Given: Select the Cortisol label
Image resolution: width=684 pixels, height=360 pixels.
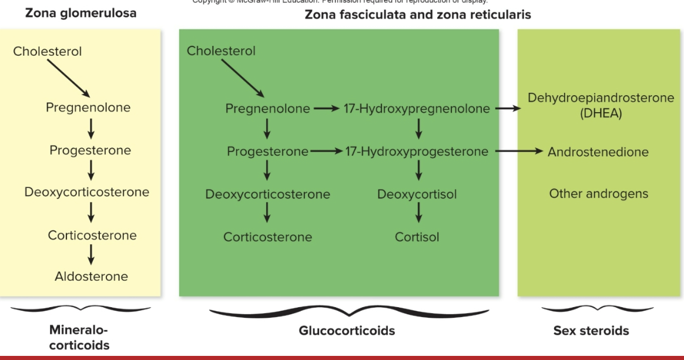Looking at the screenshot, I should pos(417,237).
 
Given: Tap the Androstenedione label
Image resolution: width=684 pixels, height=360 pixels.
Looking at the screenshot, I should pos(598,152).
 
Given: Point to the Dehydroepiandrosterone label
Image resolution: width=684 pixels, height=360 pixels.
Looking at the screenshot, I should pos(601,98).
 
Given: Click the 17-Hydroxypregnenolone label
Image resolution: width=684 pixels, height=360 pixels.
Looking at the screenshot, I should pos(417,109).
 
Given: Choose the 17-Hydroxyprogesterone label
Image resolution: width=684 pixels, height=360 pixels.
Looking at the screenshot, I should pos(417,152).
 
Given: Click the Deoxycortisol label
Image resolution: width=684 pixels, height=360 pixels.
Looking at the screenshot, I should pos(417,194).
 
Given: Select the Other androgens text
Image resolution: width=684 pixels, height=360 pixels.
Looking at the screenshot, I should pos(598,194).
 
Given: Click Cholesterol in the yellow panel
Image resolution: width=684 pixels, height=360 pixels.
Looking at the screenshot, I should pos(48,52).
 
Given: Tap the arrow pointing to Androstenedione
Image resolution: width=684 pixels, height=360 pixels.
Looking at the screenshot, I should pos(518,152).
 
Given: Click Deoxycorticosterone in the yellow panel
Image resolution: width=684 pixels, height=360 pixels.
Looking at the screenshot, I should pos(86,193).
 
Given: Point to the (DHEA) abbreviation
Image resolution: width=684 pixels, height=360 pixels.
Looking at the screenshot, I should pos(601,115).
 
